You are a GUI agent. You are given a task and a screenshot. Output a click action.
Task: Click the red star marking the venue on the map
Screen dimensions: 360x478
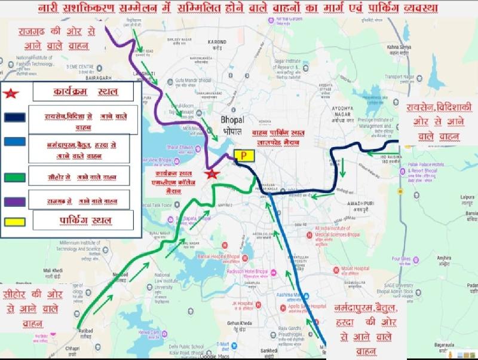pyautogui.click(x=211, y=174)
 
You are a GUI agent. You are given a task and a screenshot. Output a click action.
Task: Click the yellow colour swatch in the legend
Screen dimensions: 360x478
pyautogui.click(x=14, y=221)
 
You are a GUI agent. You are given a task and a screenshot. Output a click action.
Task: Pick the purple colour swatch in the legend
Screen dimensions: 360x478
pyautogui.click(x=14, y=202)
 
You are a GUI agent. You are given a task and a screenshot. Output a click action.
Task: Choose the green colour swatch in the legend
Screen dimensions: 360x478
pyautogui.click(x=14, y=177)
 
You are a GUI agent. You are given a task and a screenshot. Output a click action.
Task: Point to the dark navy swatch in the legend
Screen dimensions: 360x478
pyautogui.click(x=14, y=117)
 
